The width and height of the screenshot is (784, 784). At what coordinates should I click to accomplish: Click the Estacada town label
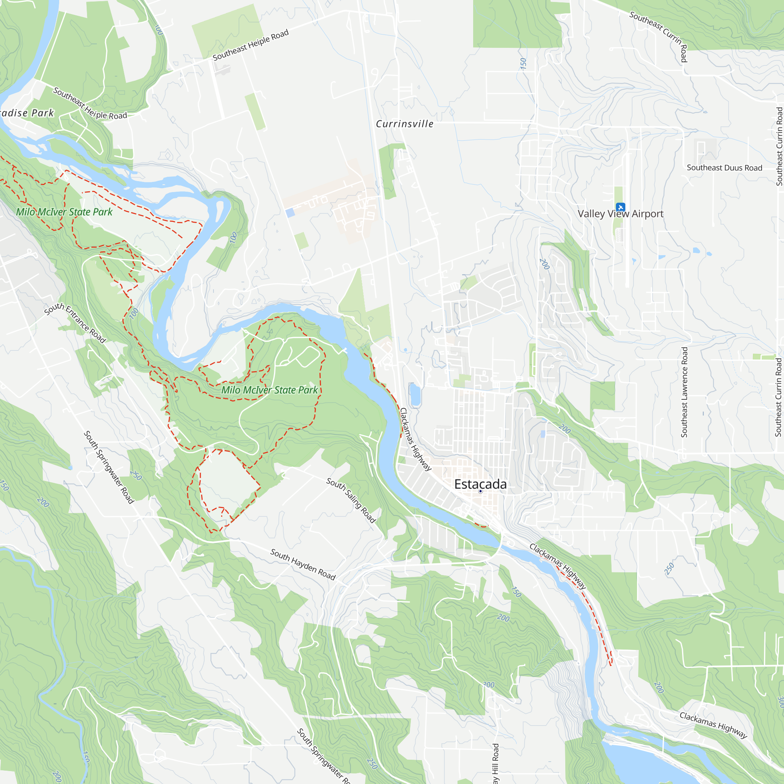point(480,484)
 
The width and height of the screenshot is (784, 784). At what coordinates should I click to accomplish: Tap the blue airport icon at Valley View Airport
point(620,207)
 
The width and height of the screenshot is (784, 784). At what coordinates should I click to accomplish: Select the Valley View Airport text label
point(621,214)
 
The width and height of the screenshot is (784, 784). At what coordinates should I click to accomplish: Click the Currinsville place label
point(405,124)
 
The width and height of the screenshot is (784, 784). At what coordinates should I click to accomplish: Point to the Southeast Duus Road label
point(724,168)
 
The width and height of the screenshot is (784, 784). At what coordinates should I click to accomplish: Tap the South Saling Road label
point(351,500)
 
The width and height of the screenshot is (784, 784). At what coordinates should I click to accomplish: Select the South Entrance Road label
point(75,323)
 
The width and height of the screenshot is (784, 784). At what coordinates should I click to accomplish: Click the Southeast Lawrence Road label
point(684,392)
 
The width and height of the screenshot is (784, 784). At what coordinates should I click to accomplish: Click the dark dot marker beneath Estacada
point(481,492)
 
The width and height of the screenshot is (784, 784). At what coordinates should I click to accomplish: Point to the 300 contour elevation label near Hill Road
point(488,685)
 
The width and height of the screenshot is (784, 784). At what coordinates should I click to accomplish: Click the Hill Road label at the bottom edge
point(495,763)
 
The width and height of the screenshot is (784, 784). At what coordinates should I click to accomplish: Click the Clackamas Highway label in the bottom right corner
point(713,725)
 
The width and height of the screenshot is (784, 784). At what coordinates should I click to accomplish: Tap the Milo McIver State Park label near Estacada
point(269,390)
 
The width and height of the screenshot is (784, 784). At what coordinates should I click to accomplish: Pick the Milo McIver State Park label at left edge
point(64,212)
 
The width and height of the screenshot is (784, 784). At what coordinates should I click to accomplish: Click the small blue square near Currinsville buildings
point(290,212)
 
